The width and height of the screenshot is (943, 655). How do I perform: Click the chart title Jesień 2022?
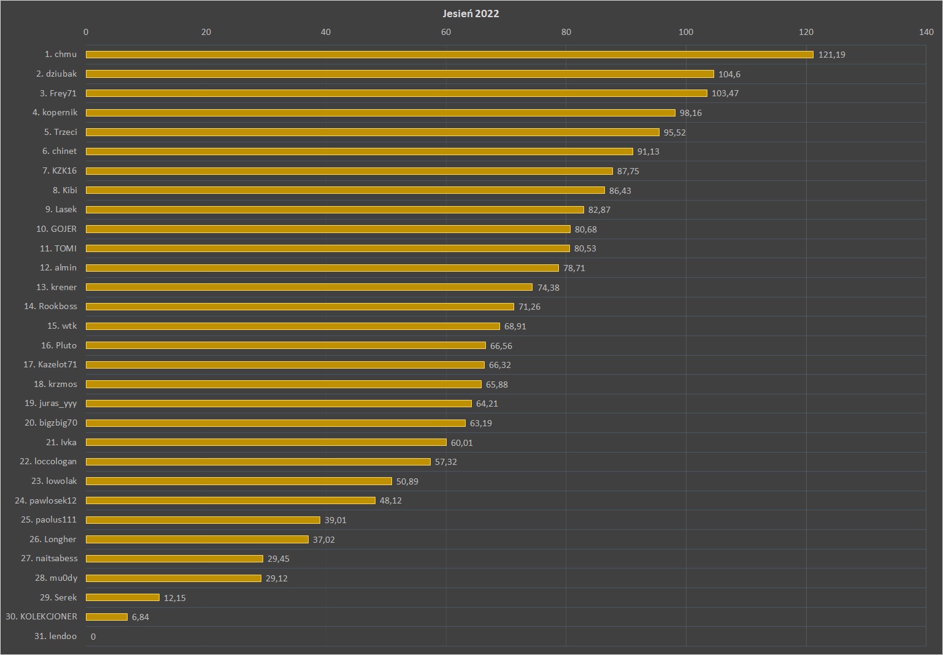click(471, 13)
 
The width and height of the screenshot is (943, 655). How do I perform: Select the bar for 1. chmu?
click(449, 55)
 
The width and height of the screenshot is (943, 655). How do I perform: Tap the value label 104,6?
click(729, 74)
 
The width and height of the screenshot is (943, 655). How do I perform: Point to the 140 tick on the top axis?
click(926, 32)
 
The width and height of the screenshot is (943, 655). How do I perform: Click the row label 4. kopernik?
click(55, 113)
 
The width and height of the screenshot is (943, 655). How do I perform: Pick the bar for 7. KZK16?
click(349, 171)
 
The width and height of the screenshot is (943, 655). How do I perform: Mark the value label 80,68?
click(585, 229)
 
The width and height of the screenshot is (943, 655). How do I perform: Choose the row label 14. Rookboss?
click(50, 307)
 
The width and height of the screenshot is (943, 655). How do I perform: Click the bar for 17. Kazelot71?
click(285, 365)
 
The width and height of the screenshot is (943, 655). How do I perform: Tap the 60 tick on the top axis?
click(446, 32)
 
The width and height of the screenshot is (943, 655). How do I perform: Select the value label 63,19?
click(480, 423)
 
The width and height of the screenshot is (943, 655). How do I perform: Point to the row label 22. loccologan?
click(48, 462)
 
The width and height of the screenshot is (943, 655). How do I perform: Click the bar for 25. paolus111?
click(202, 520)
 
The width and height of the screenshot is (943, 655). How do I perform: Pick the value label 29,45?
click(278, 559)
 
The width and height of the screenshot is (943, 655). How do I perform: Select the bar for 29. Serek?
click(123, 597)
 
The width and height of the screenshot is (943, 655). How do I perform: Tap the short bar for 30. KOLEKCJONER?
click(107, 617)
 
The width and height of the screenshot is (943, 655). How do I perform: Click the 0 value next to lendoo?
click(93, 637)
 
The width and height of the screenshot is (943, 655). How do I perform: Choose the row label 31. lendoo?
click(55, 637)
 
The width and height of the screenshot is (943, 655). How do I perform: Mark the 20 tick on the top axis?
click(206, 32)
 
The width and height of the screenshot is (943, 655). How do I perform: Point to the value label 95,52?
click(674, 132)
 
